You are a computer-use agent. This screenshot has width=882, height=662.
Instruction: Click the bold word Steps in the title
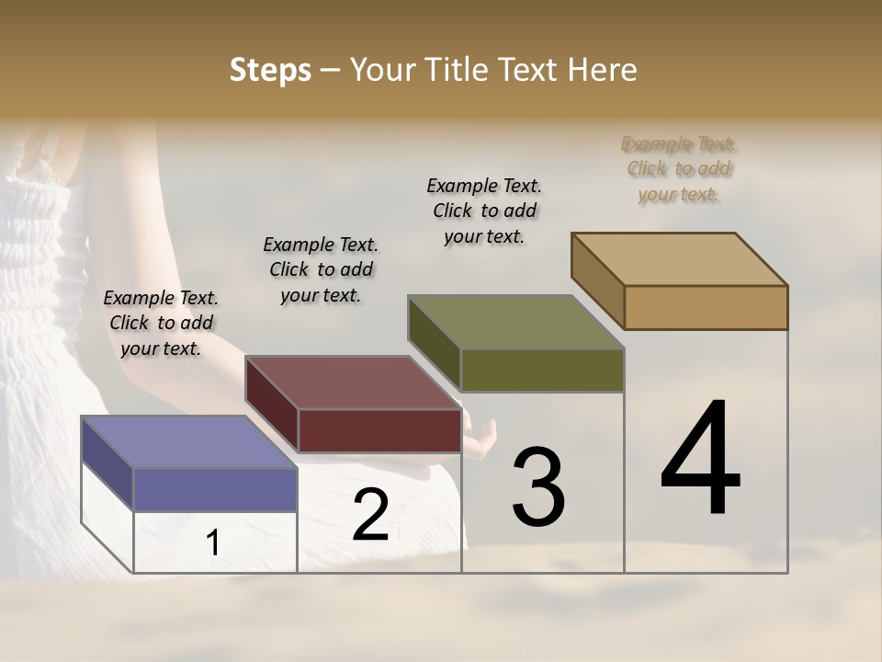(270, 70)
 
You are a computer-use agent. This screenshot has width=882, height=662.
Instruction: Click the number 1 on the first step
(213, 542)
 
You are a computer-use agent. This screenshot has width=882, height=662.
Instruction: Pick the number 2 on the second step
(370, 515)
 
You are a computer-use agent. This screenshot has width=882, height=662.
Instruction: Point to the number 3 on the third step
(538, 487)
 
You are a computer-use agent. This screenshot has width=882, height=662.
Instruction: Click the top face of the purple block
(188, 442)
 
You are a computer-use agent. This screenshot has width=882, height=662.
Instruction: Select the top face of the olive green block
(515, 323)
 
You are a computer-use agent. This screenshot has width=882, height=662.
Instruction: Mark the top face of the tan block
(679, 259)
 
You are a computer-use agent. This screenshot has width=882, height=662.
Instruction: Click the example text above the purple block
(161, 323)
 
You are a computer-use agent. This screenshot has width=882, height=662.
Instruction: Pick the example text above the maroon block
(321, 269)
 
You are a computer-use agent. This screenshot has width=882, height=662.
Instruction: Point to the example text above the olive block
(484, 211)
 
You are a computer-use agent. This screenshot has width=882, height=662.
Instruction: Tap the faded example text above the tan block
(679, 169)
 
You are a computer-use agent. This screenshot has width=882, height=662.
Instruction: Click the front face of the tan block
(706, 307)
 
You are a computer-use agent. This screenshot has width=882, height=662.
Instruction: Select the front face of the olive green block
(542, 370)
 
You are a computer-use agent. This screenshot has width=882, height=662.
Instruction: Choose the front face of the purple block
(215, 489)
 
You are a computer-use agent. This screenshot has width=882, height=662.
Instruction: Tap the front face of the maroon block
(379, 430)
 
